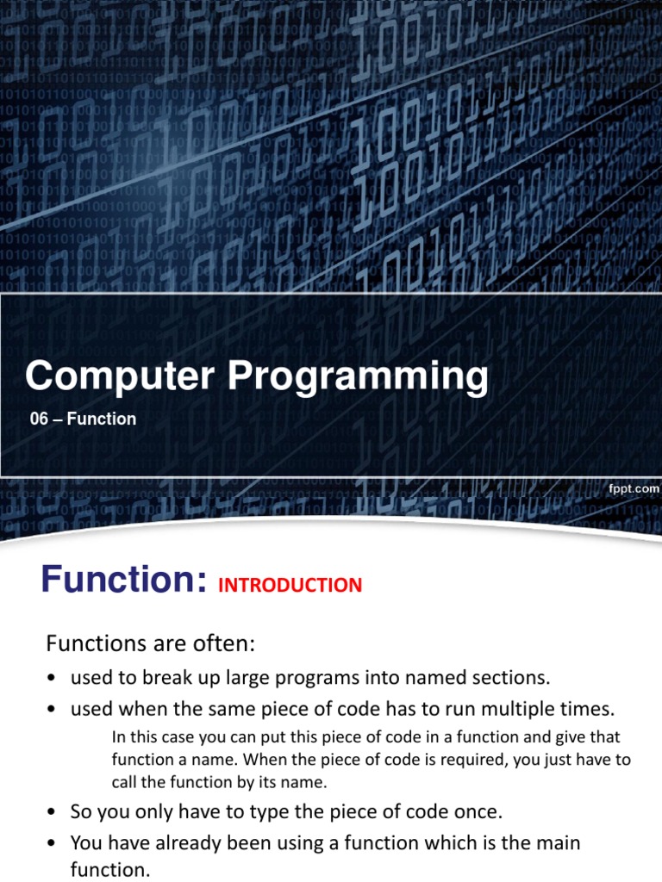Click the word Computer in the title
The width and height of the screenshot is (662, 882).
pyautogui.click(x=119, y=376)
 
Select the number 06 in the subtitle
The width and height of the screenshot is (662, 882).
pyautogui.click(x=39, y=419)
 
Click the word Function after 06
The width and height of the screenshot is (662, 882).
pyautogui.click(x=102, y=419)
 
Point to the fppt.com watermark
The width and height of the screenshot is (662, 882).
pyautogui.click(x=634, y=489)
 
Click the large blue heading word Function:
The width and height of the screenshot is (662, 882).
pyautogui.click(x=124, y=580)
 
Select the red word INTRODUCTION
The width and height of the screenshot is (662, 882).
pyautogui.click(x=290, y=586)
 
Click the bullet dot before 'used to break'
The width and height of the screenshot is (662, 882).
pyautogui.click(x=52, y=679)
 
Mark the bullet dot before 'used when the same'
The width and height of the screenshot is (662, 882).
pyautogui.click(x=52, y=710)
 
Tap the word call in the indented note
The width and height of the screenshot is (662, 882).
pyautogui.click(x=124, y=782)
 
